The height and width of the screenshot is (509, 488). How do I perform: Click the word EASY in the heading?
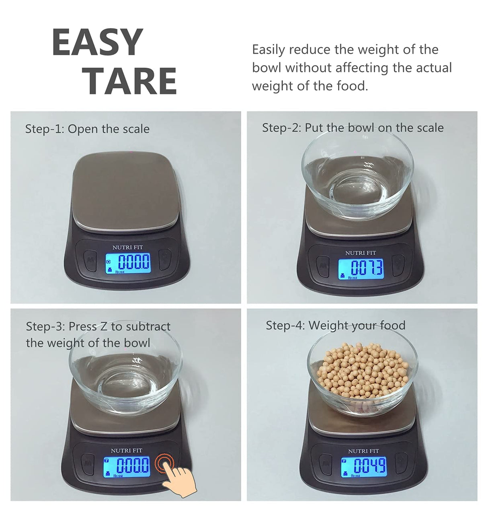pos(98,42)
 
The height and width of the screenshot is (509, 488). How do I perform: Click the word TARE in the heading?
pos(129,81)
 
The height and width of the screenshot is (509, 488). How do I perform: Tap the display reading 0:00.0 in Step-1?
pos(128,264)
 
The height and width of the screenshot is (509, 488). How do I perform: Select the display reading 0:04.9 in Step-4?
pos(364,467)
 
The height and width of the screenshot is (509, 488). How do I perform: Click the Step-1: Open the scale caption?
pos(87,129)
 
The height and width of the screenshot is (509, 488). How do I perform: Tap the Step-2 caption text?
pos(353,128)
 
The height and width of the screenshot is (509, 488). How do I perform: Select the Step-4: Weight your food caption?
pos(335,325)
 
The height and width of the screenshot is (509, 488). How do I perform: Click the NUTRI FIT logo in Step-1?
pos(127,247)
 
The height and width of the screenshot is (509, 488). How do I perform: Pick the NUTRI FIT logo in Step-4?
pos(363,451)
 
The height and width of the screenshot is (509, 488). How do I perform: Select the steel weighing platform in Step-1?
pos(126,191)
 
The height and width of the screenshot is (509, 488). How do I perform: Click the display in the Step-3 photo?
pos(127,466)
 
